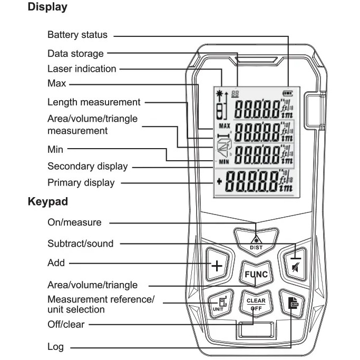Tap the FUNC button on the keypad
pyautogui.click(x=256, y=274)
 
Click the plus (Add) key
pyautogui.click(x=217, y=265)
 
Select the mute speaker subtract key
pyautogui.click(x=296, y=264)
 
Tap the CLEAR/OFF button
pyautogui.click(x=256, y=304)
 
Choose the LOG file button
pyautogui.click(x=293, y=304)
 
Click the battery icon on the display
pyautogui.click(x=288, y=93)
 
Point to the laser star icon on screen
pyautogui.click(x=219, y=93)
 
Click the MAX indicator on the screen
pyautogui.click(x=225, y=126)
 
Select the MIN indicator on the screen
pyautogui.click(x=224, y=162)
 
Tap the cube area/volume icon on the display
pyautogui.click(x=224, y=148)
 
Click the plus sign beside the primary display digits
pyautogui.click(x=219, y=182)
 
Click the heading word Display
pyautogui.click(x=47, y=7)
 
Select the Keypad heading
pyautogui.click(x=48, y=202)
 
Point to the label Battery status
pyautogui.click(x=77, y=35)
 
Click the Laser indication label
pyautogui.click(x=82, y=69)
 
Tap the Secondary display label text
pyautogui.click(x=87, y=167)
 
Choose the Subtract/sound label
pyautogui.click(x=80, y=244)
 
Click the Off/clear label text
pyautogui.click(x=66, y=325)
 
